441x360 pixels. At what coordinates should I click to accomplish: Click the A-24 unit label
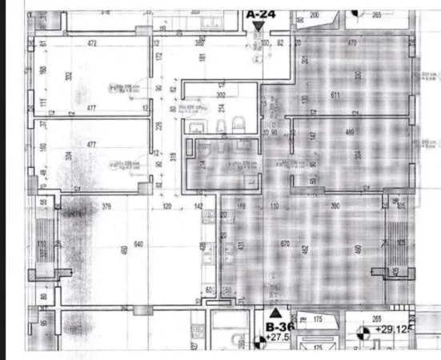click(x=260, y=14)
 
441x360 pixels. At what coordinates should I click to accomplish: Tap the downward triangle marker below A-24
click(x=258, y=26)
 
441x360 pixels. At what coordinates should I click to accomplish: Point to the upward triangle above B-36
click(x=276, y=313)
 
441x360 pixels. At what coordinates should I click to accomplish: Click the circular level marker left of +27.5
click(x=259, y=342)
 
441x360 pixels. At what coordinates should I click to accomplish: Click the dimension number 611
click(x=336, y=95)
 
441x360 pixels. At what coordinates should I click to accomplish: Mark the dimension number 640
click(x=138, y=243)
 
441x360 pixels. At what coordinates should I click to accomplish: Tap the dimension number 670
click(x=284, y=243)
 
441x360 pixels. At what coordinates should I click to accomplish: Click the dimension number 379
click(x=106, y=206)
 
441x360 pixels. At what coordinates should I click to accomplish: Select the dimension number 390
click(x=336, y=206)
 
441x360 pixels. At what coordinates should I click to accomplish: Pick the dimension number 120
click(x=168, y=206)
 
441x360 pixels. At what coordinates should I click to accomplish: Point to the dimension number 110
click(x=274, y=206)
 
